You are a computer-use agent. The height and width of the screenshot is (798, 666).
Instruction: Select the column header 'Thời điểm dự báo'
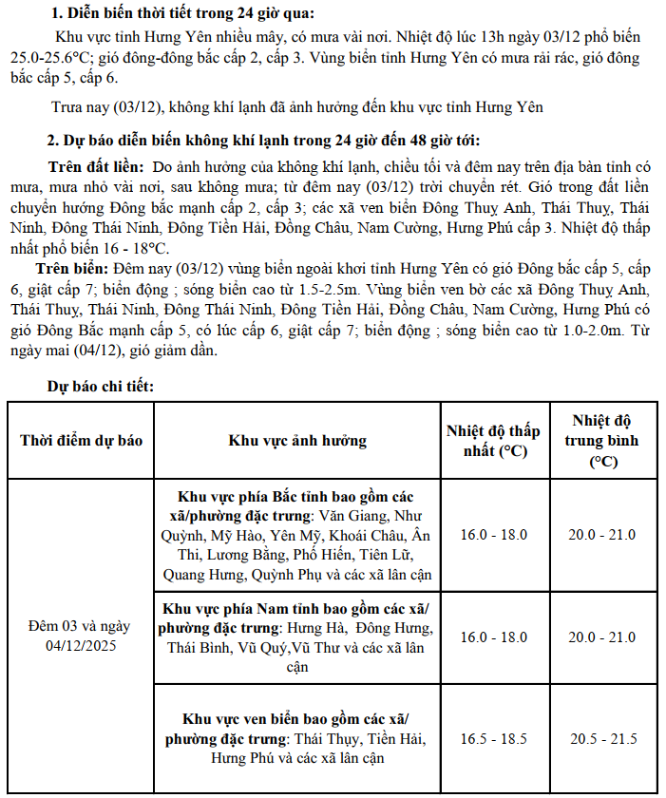click(81, 441)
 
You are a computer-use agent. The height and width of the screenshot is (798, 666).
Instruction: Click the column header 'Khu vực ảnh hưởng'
click(297, 441)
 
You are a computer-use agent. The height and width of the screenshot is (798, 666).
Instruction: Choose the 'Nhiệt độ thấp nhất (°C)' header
click(493, 441)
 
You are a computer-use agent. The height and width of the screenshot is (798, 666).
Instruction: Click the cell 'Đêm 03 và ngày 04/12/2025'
click(81, 636)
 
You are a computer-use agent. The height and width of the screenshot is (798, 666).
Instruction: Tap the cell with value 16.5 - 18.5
click(493, 739)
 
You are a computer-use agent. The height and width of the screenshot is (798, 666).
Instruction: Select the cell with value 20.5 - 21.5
click(601, 739)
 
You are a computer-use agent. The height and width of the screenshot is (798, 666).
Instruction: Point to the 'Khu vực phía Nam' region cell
click(297, 637)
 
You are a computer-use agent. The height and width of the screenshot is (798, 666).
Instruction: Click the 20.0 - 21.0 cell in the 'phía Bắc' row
click(601, 535)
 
